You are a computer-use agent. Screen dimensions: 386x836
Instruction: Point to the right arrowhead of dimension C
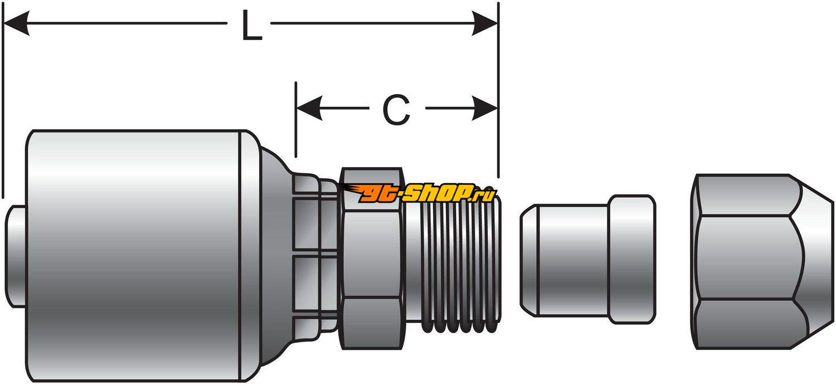[x=485, y=108]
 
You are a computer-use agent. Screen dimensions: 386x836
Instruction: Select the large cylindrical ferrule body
[x=134, y=256]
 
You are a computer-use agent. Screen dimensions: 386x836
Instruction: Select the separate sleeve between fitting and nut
[x=587, y=260]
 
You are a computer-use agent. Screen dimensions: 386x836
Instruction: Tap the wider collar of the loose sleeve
[x=631, y=260]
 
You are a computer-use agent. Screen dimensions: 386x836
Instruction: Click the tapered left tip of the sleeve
[x=527, y=260]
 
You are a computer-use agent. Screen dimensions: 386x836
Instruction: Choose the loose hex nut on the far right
[x=761, y=262]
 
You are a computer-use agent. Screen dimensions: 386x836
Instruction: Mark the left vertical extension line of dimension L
[x=3, y=111]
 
